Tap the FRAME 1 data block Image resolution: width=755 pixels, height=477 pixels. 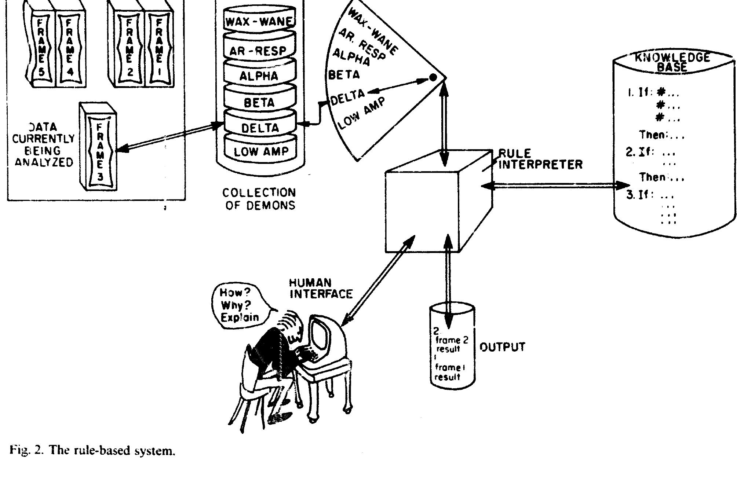(x=159, y=46)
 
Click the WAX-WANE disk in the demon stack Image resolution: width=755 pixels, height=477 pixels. (x=260, y=21)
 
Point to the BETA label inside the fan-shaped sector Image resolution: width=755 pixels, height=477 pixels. (x=344, y=75)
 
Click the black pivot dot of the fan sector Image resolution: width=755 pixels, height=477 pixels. (x=433, y=77)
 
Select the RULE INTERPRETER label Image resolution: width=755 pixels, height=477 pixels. (x=539, y=159)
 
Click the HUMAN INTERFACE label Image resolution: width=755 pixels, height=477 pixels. (x=320, y=288)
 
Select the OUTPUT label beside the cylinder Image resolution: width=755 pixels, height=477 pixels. (x=502, y=347)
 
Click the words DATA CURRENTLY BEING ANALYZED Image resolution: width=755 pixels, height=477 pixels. (x=43, y=144)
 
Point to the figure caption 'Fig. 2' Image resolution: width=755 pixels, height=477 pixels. (x=92, y=450)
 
